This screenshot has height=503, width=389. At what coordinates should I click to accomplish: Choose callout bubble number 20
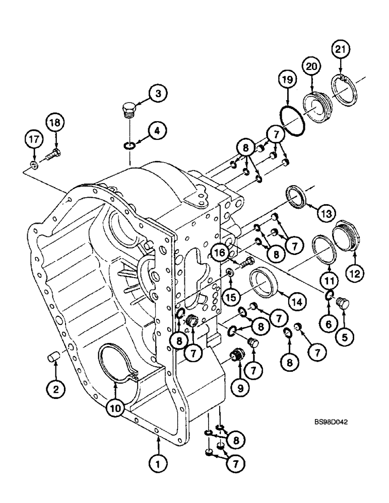coord(311,66)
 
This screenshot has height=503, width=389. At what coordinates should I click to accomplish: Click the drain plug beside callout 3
coord(129,109)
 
